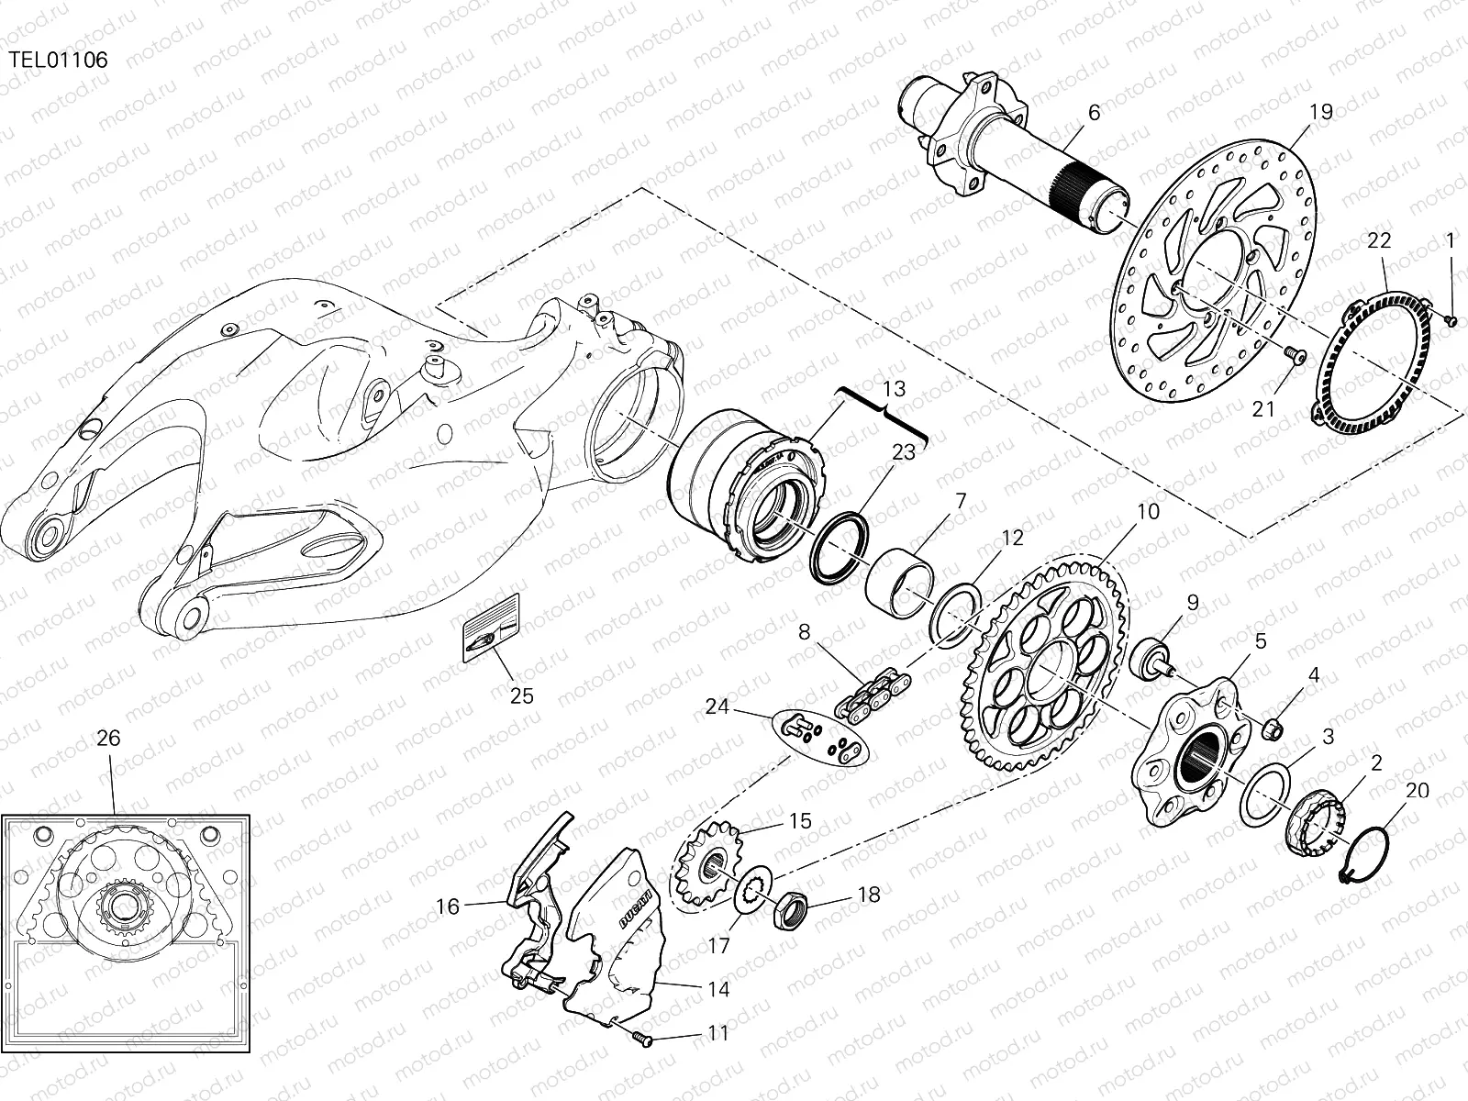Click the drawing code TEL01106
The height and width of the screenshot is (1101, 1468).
tap(59, 61)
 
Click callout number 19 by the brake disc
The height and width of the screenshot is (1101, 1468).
tap(1320, 112)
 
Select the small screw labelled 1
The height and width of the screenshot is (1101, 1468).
tap(1451, 320)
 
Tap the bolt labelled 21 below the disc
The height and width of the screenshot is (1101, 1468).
tap(1294, 353)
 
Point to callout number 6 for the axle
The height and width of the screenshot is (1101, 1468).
tap(1093, 112)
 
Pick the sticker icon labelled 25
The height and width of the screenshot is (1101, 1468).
tap(491, 626)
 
